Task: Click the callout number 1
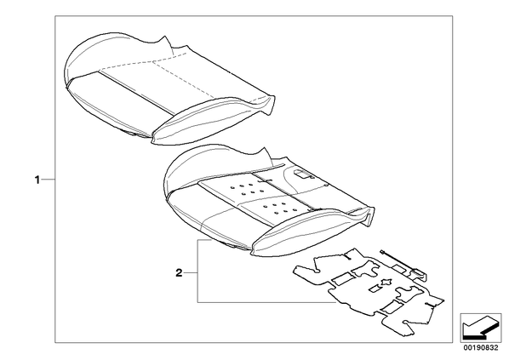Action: click(x=37, y=180)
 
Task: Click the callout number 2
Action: click(x=179, y=273)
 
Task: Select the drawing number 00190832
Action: click(x=480, y=348)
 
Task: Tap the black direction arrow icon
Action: click(x=479, y=327)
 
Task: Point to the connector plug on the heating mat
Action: click(x=420, y=272)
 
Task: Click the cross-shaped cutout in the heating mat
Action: click(x=386, y=282)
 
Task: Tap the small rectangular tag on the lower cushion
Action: click(x=302, y=174)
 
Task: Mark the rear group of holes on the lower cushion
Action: click(x=243, y=190)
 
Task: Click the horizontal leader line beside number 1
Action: click(x=48, y=180)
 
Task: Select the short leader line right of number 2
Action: click(x=191, y=273)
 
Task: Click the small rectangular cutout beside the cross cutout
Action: click(x=375, y=289)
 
